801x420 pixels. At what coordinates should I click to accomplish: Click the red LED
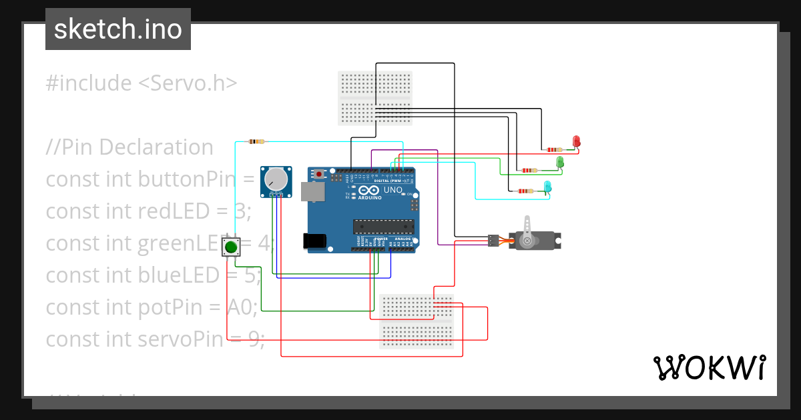pyautogui.click(x=577, y=141)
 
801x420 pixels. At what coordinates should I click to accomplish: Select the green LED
pyautogui.click(x=560, y=162)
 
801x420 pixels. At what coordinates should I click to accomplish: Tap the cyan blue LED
pyautogui.click(x=548, y=186)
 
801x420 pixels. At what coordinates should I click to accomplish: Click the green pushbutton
pyautogui.click(x=231, y=247)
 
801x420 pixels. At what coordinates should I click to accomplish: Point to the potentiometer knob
pyautogui.click(x=276, y=179)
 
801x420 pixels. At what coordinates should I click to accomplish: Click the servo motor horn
pyautogui.click(x=527, y=230)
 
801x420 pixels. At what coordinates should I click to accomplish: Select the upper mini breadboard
pyautogui.click(x=375, y=98)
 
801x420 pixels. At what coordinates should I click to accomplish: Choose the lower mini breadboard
pyautogui.click(x=417, y=321)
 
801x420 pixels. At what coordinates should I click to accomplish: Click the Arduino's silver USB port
pyautogui.click(x=311, y=192)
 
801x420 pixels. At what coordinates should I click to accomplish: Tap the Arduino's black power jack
pyautogui.click(x=315, y=241)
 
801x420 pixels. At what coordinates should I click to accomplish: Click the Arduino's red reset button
pyautogui.click(x=320, y=175)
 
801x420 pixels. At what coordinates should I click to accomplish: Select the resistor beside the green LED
pyautogui.click(x=529, y=171)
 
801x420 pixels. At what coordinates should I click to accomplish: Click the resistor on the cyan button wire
pyautogui.click(x=256, y=141)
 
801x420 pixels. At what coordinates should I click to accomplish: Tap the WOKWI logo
pyautogui.click(x=709, y=367)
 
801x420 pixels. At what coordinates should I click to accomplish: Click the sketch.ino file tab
pyautogui.click(x=118, y=29)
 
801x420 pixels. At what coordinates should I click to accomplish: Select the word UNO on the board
pyautogui.click(x=393, y=191)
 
